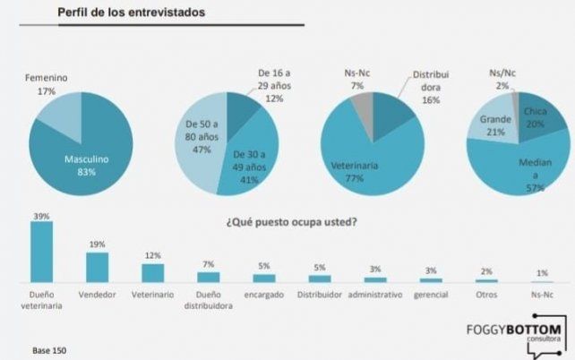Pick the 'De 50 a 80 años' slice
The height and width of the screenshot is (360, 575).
coord(199,139)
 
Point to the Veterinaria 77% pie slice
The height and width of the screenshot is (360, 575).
coord(358,166)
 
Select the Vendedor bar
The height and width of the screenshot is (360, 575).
coord(97,267)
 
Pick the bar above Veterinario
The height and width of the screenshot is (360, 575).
coord(152,272)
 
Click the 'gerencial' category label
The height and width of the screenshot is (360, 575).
coord(430,295)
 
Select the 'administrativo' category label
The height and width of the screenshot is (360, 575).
coord(374,295)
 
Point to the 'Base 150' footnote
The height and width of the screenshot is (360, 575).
coord(49,348)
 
